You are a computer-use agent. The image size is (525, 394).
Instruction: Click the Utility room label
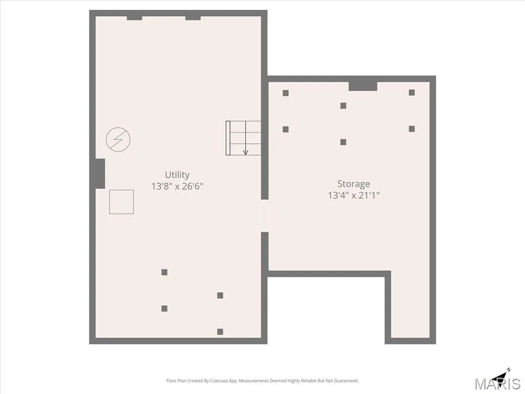177,174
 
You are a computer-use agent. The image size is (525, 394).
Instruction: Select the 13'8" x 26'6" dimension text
177,186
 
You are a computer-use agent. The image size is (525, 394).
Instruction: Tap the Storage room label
354,184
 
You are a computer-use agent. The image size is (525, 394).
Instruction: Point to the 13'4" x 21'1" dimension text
354,195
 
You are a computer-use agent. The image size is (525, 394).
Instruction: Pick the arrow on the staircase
246,137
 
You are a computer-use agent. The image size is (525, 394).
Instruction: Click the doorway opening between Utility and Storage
265,216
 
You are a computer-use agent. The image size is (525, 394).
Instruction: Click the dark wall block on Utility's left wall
100,173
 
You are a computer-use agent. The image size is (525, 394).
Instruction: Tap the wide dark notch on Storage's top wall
363,86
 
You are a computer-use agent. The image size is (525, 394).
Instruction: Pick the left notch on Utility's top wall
134,18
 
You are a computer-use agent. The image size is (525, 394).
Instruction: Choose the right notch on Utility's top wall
193,18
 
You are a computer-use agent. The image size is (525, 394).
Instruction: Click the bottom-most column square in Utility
220,332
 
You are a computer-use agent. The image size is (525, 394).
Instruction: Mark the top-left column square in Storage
286,93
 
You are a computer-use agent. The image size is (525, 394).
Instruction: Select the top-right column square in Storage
412,92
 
